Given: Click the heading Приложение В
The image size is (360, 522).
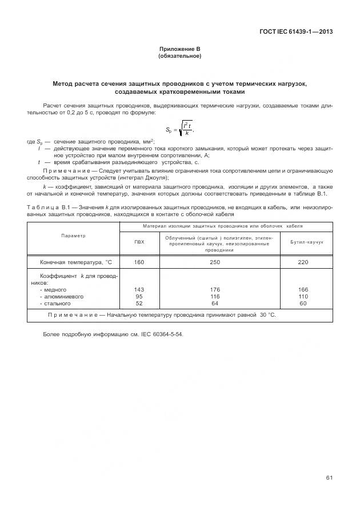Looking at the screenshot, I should pyautogui.click(x=179, y=50).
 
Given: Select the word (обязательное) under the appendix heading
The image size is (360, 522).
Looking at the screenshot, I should pyautogui.click(x=179, y=57).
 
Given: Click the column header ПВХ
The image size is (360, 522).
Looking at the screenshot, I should pyautogui.click(x=139, y=242).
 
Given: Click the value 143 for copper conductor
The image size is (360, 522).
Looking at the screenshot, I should pyautogui.click(x=139, y=290).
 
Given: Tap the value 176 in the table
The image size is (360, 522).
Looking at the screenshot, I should pyautogui.click(x=215, y=290).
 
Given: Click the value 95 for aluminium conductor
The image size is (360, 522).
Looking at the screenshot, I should pyautogui.click(x=139, y=297).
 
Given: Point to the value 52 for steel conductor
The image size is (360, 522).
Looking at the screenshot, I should pyautogui.click(x=139, y=304).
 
